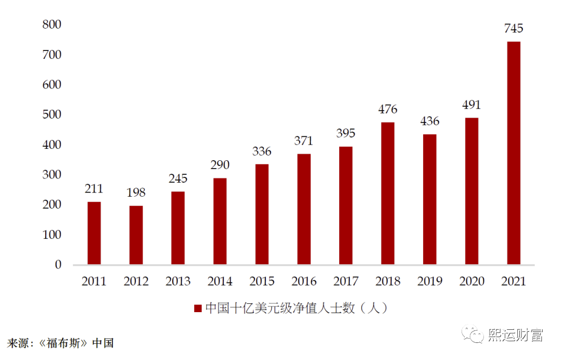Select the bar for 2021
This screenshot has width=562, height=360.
pyautogui.click(x=513, y=153)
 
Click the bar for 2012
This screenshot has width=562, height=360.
pyautogui.click(x=136, y=235)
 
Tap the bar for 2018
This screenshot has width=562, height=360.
pyautogui.click(x=388, y=194)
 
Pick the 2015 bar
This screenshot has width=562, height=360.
pyautogui.click(x=262, y=214)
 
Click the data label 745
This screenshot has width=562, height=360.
pyautogui.click(x=513, y=29)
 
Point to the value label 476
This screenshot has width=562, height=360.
pyautogui.click(x=388, y=109)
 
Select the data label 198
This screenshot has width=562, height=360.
pyautogui.click(x=136, y=193)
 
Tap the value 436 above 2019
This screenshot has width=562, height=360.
pyautogui.click(x=429, y=121)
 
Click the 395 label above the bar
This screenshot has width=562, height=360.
pyautogui.click(x=346, y=134)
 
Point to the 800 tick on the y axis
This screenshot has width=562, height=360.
pyautogui.click(x=52, y=24)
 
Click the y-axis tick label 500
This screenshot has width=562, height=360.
pyautogui.click(x=52, y=114)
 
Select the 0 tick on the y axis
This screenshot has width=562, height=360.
pyautogui.click(x=58, y=264)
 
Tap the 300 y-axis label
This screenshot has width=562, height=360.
pyautogui.click(x=52, y=174)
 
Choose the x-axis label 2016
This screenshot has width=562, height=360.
pyautogui.click(x=304, y=281)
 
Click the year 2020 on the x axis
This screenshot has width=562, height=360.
pyautogui.click(x=471, y=281)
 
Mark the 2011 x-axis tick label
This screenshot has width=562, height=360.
pyautogui.click(x=94, y=281)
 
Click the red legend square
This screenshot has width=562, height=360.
pyautogui.click(x=198, y=308)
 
